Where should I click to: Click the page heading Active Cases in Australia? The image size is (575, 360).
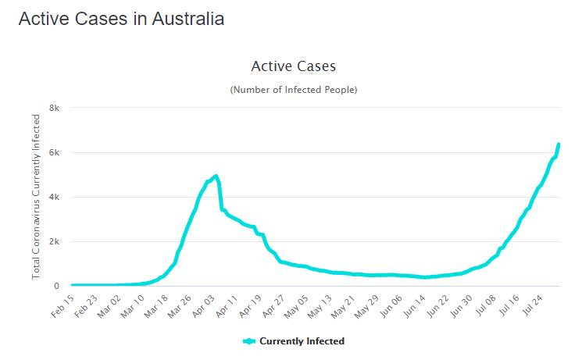121,20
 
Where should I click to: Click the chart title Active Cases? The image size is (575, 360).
293,66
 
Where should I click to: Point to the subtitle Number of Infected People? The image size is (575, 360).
293,91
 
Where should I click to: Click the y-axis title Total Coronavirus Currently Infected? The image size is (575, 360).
36,197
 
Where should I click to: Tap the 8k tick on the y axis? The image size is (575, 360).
55,108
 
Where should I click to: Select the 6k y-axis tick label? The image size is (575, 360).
55,152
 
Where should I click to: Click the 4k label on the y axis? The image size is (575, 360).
55,197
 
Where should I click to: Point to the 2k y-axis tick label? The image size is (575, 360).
55,241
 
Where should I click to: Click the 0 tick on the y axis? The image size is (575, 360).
57,286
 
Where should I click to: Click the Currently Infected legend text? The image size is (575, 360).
302,341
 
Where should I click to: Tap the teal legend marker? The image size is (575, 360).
249,341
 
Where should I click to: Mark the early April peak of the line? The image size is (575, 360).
216,176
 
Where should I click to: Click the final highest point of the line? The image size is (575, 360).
559,144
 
